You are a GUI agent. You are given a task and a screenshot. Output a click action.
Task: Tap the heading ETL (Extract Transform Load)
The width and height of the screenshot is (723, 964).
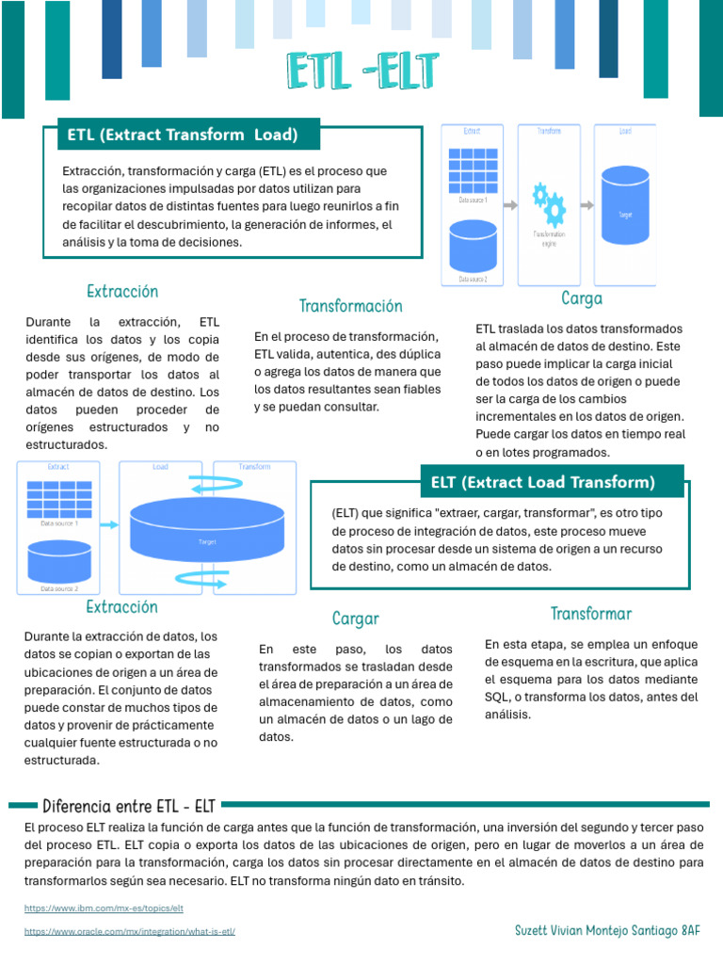point(183,135)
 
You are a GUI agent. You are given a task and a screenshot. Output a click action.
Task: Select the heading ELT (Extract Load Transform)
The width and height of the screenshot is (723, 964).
point(542,482)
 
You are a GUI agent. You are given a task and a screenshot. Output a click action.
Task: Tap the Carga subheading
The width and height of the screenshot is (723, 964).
point(582,298)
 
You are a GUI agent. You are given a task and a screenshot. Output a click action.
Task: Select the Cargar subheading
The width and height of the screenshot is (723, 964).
point(356,619)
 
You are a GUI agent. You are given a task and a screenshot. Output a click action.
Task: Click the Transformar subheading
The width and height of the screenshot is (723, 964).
point(591,614)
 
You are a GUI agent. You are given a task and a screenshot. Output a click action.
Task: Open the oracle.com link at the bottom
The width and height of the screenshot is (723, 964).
point(130,931)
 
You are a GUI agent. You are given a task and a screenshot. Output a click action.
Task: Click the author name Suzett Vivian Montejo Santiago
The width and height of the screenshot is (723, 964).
point(596,930)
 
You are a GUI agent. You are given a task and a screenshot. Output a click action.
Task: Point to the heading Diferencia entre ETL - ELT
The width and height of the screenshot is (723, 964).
point(129,806)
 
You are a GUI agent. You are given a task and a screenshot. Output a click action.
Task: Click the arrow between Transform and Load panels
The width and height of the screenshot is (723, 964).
point(587,205)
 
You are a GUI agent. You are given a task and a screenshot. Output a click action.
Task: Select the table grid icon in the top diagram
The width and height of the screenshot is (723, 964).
point(473,170)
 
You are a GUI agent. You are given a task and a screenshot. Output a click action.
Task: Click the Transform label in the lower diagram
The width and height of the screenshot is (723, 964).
point(254,466)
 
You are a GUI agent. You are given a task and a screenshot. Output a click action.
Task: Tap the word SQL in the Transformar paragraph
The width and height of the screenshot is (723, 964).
point(497,697)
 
